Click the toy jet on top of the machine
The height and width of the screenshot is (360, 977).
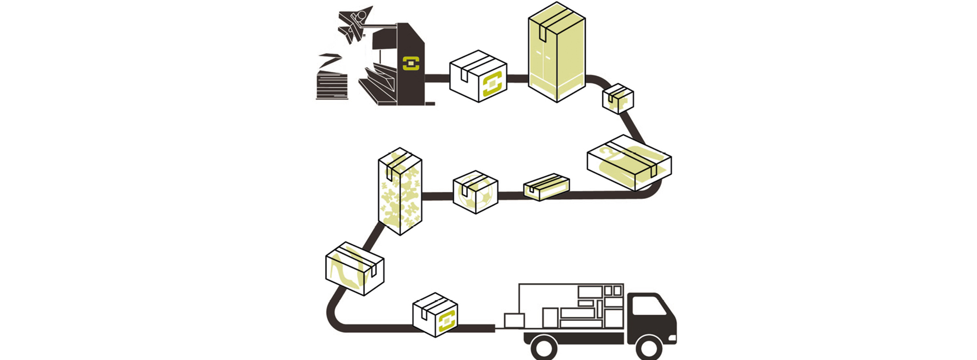click(x=354, y=23)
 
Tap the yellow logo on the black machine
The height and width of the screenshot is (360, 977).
click(x=411, y=63)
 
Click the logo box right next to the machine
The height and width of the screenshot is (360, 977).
click(x=478, y=77)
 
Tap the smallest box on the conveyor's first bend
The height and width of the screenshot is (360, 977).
click(x=618, y=99)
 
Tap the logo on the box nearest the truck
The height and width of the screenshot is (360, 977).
click(x=447, y=321)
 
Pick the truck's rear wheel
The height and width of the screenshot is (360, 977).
click(x=544, y=348)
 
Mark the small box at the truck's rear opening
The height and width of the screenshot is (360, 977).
click(x=514, y=320)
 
